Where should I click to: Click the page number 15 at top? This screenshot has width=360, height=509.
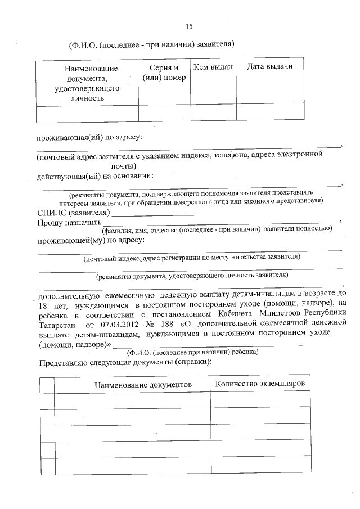click(189, 26)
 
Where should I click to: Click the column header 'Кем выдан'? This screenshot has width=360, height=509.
click(213, 67)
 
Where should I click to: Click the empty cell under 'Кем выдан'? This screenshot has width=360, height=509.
click(213, 112)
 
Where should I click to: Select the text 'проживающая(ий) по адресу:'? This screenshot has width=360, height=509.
click(89, 137)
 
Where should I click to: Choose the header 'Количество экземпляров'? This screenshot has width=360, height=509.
click(260, 383)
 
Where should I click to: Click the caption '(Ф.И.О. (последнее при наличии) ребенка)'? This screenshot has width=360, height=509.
click(193, 352)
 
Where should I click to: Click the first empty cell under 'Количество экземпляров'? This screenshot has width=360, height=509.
click(260, 400)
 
